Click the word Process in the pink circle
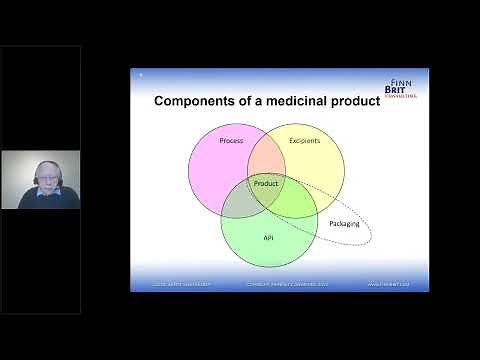pos(231,141)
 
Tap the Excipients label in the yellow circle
pos(304,141)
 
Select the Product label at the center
pos(266,184)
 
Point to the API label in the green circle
pos(268,238)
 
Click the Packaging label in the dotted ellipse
pos(344,223)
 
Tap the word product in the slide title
pos(359,101)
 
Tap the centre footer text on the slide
pos(280,286)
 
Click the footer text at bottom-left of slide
pos(177,286)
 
